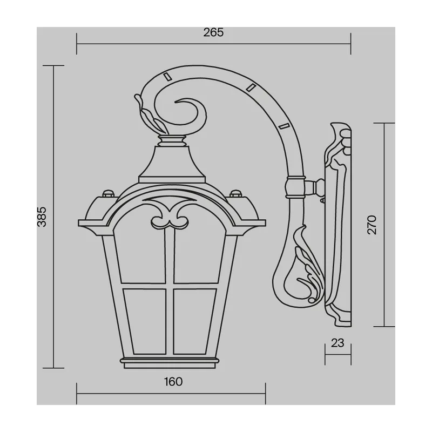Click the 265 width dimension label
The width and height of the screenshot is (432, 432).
click(213, 32)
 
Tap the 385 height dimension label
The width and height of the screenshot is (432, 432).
click(42, 217)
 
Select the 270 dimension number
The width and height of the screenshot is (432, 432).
click(372, 225)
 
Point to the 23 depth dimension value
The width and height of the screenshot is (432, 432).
click(337, 343)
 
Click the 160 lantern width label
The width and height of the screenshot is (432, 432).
click(173, 382)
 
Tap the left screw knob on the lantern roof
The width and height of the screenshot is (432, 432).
click(108, 193)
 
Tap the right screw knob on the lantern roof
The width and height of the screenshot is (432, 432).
click(235, 193)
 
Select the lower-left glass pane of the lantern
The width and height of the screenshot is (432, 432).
click(145, 321)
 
